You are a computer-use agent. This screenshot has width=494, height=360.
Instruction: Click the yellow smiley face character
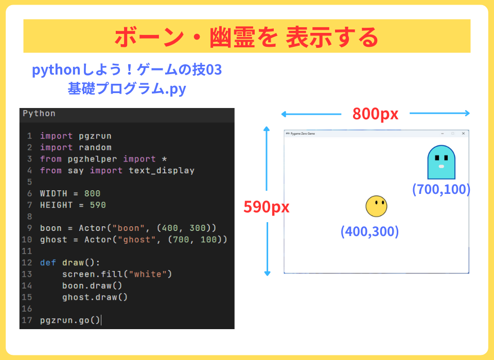coord(376,206)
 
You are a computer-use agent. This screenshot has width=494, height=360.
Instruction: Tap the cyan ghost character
coord(441,162)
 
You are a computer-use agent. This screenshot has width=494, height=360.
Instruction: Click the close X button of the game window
coord(463,134)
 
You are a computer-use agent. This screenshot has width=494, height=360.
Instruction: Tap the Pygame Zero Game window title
coord(303,134)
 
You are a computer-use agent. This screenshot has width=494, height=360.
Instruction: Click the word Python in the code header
coord(39,113)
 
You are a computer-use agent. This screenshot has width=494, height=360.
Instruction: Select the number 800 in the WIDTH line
coord(92,193)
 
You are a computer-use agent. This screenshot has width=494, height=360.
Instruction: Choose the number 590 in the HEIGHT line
coord(98,205)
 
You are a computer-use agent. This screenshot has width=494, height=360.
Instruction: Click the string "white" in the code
coord(148,274)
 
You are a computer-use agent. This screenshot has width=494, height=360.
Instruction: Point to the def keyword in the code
coord(48,263)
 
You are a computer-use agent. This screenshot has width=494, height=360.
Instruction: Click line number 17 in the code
coord(27,320)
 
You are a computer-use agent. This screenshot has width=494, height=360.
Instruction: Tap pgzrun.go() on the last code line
coord(70,320)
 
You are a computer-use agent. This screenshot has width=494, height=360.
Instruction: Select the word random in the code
coord(95,148)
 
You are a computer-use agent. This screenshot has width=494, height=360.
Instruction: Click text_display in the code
coord(161,171)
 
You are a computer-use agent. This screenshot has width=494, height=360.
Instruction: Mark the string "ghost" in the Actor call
coord(137,240)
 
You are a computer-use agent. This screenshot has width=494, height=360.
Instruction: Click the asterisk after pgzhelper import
coord(164,159)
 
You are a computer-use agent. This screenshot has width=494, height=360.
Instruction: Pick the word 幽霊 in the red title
coord(232,37)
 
